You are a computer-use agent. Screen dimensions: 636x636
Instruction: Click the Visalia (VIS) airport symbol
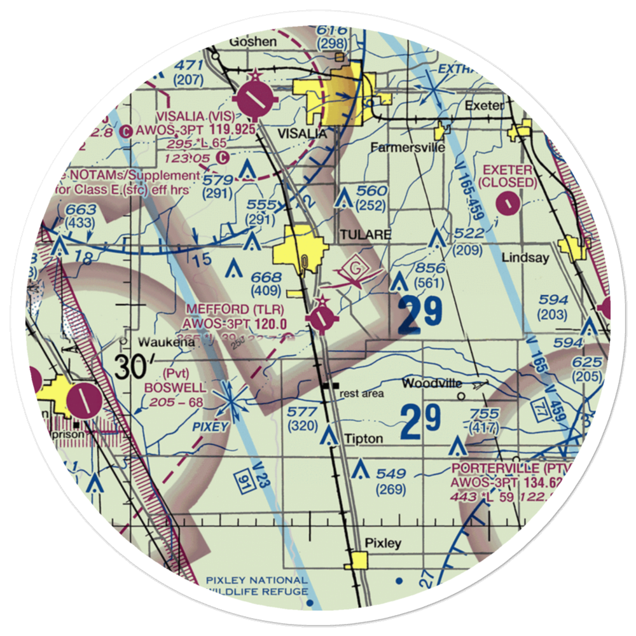254,99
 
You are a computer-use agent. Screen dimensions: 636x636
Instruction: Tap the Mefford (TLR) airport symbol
322,319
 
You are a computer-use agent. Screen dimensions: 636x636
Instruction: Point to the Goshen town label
253,42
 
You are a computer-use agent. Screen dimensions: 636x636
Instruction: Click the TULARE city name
365,235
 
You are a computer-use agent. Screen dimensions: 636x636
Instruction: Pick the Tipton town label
364,439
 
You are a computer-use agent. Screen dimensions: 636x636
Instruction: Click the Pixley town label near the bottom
383,543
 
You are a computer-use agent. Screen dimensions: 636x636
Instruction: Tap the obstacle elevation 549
390,474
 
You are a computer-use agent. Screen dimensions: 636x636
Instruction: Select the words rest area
362,394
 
